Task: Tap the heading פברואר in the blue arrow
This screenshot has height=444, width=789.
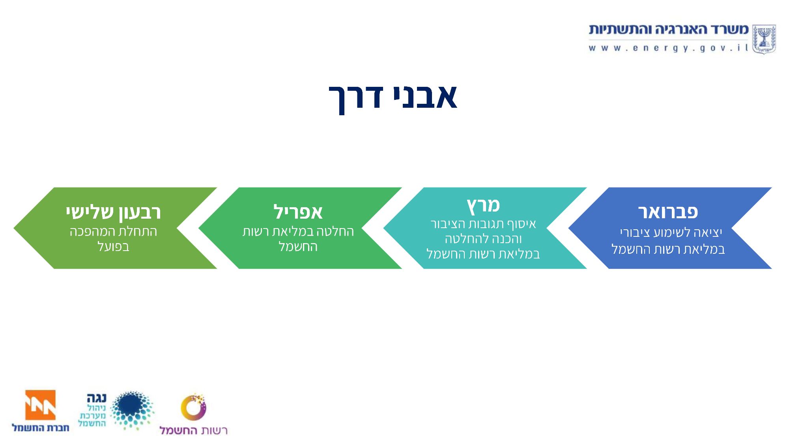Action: click(x=668, y=212)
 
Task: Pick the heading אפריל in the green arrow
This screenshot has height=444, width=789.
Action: click(x=298, y=212)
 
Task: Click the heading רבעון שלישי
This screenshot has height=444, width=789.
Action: click(x=113, y=213)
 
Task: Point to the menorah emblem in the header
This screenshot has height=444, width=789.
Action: click(x=764, y=39)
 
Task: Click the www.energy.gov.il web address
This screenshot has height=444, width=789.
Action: click(x=668, y=48)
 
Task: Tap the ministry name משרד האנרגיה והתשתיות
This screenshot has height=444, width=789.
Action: click(x=669, y=29)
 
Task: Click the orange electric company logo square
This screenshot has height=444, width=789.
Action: click(x=40, y=405)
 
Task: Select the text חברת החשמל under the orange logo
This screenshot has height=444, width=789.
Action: click(x=40, y=428)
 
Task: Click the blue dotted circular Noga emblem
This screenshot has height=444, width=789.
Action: click(x=132, y=410)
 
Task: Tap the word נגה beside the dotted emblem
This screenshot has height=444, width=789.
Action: click(x=97, y=398)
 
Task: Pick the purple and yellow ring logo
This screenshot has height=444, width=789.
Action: click(x=193, y=407)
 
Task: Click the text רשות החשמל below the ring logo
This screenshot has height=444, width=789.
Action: click(x=193, y=430)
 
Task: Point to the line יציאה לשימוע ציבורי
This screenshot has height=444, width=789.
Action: click(x=671, y=232)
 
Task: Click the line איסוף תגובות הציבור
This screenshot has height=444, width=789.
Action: click(x=483, y=224)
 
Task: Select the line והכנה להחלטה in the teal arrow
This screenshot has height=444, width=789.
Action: click(x=483, y=239)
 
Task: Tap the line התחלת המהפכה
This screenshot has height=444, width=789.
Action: click(x=113, y=231)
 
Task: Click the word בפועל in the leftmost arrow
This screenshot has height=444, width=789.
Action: click(x=113, y=247)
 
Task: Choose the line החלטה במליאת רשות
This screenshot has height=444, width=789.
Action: click(x=298, y=231)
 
